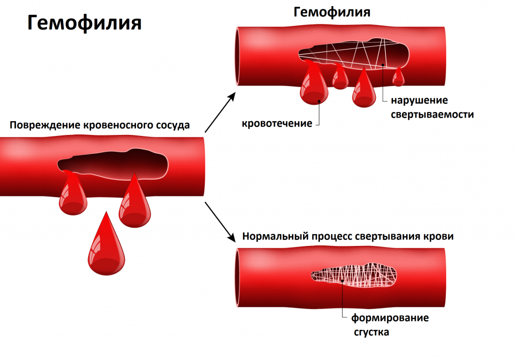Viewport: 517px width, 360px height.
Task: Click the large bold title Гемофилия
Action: (85, 23)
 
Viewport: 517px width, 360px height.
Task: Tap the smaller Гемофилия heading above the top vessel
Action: (332, 12)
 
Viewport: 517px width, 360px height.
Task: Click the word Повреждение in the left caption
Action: (45, 125)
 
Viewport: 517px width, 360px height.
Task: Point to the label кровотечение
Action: (277, 123)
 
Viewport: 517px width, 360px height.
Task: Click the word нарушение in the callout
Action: (419, 100)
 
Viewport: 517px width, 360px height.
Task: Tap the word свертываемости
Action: (432, 115)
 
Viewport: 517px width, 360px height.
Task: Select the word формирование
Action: (390, 318)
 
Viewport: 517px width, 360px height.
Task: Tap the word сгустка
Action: (371, 332)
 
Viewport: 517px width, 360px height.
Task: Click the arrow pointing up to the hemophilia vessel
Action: (220, 113)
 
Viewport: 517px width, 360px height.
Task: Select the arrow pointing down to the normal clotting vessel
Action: (220, 222)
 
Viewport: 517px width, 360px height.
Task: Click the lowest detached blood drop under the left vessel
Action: (106, 247)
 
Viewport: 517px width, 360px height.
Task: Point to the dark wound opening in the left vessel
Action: (113, 164)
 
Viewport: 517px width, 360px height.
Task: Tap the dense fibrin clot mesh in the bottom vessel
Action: (354, 275)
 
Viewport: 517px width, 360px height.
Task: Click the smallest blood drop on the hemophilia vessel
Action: (398, 77)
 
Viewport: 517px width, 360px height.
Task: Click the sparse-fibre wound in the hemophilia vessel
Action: (354, 54)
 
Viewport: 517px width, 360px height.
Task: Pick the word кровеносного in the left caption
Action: (118, 125)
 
